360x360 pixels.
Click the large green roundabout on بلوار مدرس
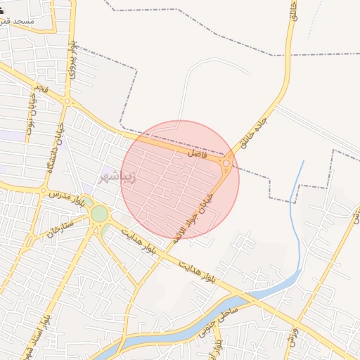pos(100,213)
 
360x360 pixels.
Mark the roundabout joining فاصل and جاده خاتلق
pos(226,165)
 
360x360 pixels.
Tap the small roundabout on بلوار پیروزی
pos(67,102)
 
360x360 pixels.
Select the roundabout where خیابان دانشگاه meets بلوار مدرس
pos(44,191)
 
